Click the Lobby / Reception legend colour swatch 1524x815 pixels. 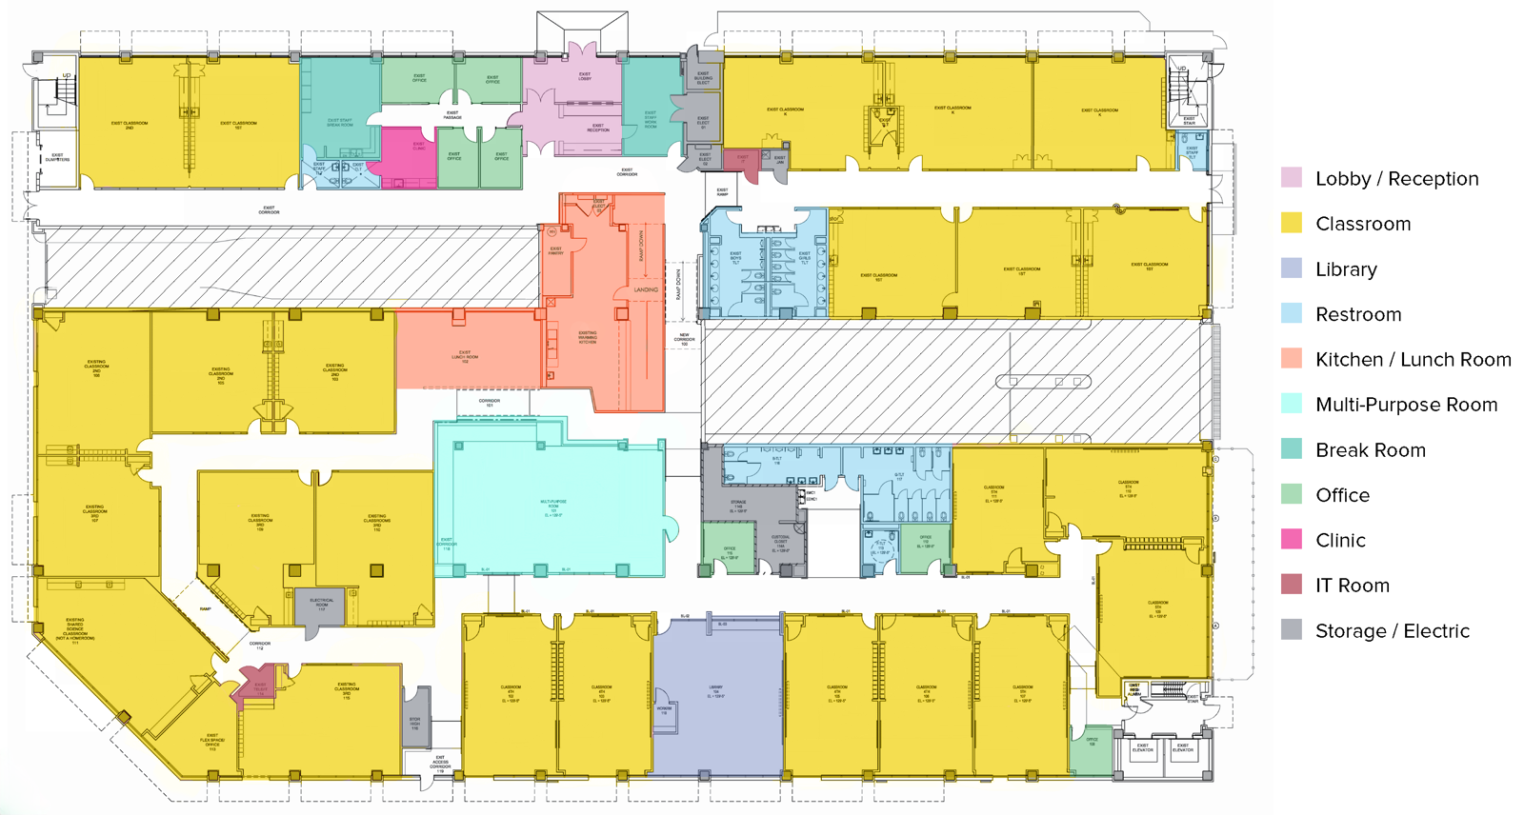point(1292,178)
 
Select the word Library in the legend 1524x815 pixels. point(1346,269)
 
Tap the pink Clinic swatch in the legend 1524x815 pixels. point(1292,540)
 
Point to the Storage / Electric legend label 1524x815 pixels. point(1392,631)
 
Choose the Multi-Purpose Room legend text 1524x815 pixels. point(1406,405)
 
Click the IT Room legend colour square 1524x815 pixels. point(1292,586)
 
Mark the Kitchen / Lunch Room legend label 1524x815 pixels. point(1413,360)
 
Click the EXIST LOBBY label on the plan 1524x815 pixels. point(585,76)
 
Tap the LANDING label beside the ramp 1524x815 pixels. point(646,289)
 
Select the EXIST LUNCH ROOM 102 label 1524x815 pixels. point(465,357)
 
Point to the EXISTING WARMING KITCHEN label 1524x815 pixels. point(588,337)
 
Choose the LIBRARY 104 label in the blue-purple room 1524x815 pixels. point(716,691)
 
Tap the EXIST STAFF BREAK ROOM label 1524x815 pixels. point(340,123)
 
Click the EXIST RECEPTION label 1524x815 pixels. point(597,128)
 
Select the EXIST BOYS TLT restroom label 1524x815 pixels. point(735,257)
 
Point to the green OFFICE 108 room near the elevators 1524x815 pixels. point(1092,742)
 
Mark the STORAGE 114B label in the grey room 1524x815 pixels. point(738,506)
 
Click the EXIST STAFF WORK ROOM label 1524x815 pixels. point(651,119)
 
